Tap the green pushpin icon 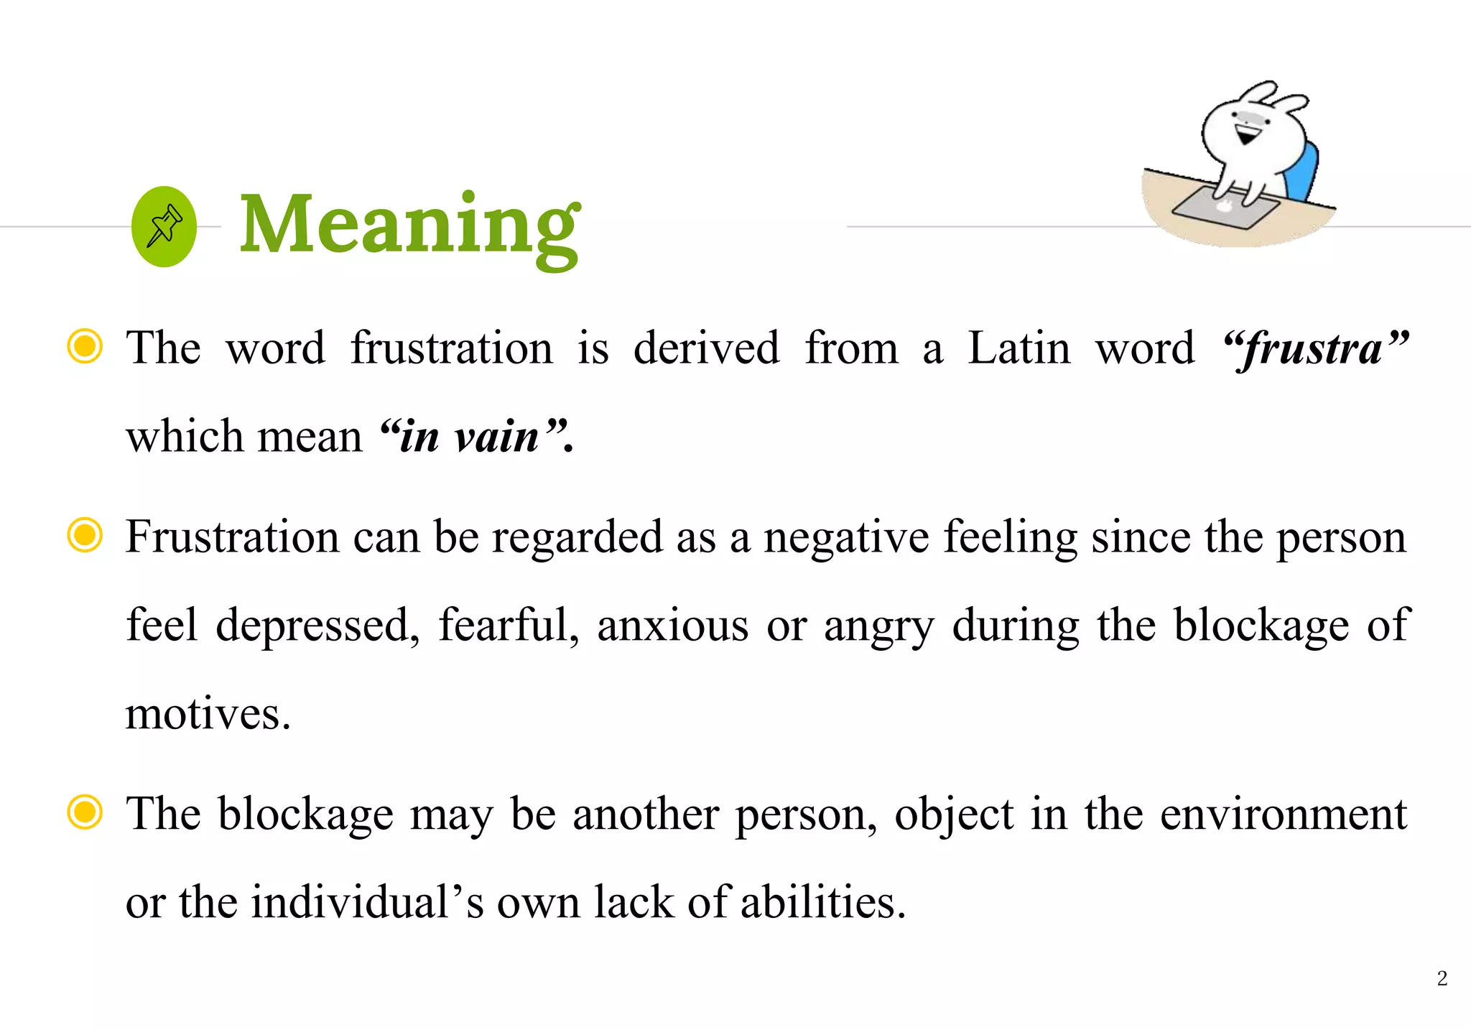(164, 226)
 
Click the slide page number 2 (1442, 978)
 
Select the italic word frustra (1314, 350)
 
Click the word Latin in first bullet (1018, 348)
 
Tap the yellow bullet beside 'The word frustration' (85, 346)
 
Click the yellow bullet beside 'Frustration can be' (85, 535)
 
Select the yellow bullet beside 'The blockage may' (85, 812)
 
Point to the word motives (208, 714)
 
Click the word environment (1284, 815)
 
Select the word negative (846, 538)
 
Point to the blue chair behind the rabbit (1304, 173)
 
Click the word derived (706, 348)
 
